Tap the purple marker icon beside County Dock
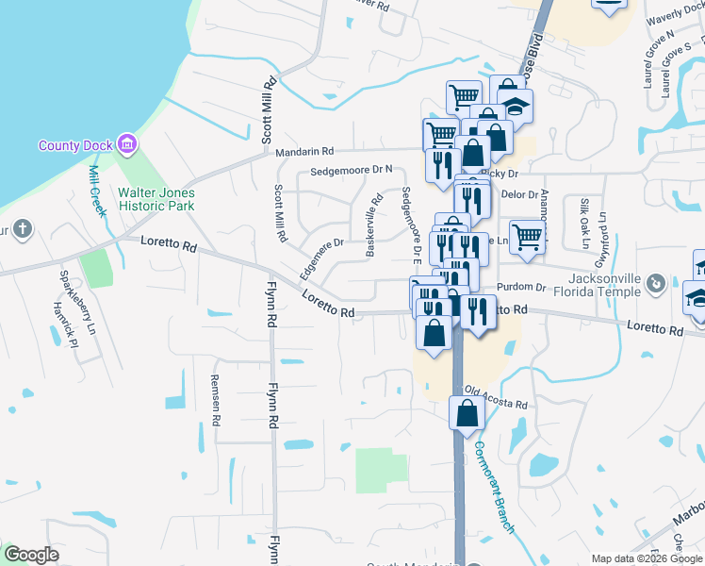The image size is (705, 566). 127,144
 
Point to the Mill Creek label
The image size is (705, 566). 96,191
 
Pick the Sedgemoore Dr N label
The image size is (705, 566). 351,171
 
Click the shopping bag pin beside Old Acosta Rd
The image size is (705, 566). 468,413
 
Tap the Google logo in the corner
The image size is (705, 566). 31,555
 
